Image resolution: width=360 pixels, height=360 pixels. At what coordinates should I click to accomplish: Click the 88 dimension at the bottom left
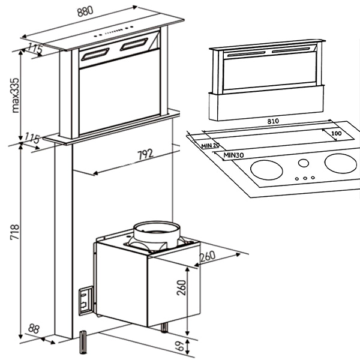(x=33, y=329)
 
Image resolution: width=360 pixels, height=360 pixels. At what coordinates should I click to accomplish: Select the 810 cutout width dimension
(x=273, y=121)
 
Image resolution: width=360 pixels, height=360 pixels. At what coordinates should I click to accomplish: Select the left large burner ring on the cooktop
(x=266, y=170)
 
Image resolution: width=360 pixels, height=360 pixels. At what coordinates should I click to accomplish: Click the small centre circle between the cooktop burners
(x=304, y=163)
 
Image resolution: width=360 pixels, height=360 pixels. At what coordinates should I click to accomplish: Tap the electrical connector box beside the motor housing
(x=86, y=301)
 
